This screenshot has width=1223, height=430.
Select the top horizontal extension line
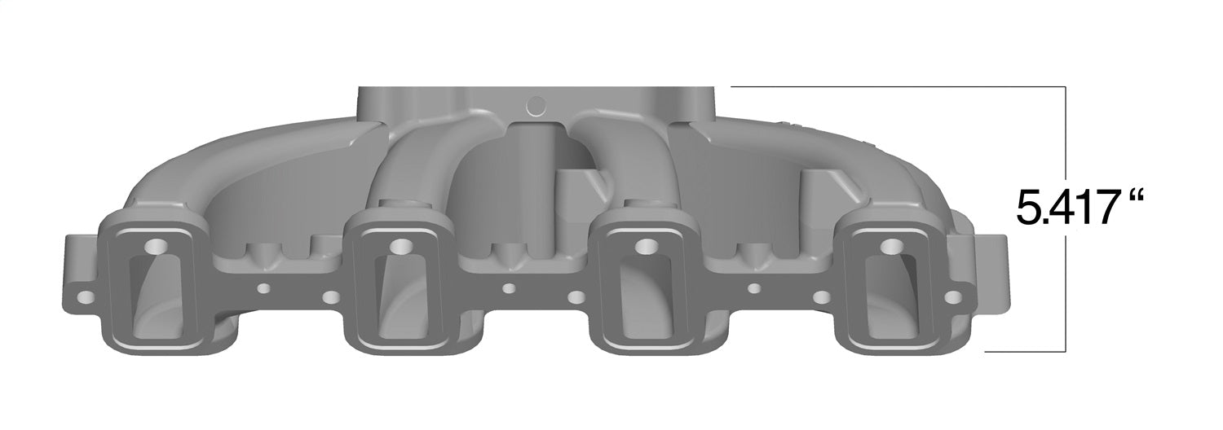click(x=897, y=86)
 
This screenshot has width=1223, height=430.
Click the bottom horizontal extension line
click(x=1026, y=352)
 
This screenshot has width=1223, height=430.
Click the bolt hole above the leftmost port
click(x=153, y=245)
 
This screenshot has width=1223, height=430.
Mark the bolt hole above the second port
click(x=399, y=245)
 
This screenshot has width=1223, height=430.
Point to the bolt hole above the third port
click(x=645, y=244)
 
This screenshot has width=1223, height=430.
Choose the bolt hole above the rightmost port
click(x=890, y=244)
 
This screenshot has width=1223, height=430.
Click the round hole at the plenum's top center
click(x=536, y=105)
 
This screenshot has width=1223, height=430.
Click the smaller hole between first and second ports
click(x=263, y=288)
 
